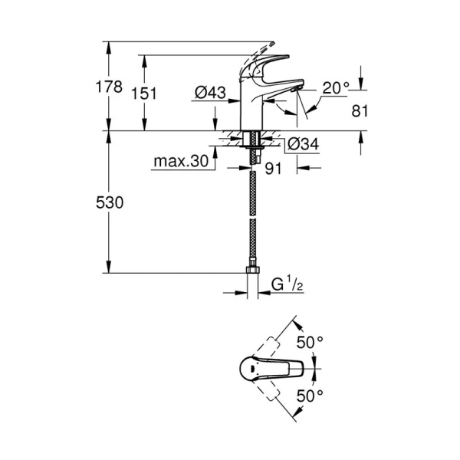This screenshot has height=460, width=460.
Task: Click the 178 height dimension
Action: click(109, 87)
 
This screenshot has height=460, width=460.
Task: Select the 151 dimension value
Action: click(144, 94)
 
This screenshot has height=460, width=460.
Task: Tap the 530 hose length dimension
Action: click(110, 202)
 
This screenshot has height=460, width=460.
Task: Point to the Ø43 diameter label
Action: click(210, 93)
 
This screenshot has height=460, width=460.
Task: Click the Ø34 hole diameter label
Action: click(303, 144)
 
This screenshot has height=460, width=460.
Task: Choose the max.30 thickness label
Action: click(181, 161)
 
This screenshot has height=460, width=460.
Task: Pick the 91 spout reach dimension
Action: click(273, 169)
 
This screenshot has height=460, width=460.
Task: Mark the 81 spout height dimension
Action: click(360, 111)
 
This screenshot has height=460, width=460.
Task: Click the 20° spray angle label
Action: click(337, 88)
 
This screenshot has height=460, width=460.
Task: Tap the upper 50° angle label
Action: click(310, 343)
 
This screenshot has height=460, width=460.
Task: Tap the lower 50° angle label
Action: click(310, 396)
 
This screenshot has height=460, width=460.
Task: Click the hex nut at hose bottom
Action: click(252, 269)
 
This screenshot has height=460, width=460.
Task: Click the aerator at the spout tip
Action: click(296, 89)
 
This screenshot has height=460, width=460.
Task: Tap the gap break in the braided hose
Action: click(252, 216)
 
